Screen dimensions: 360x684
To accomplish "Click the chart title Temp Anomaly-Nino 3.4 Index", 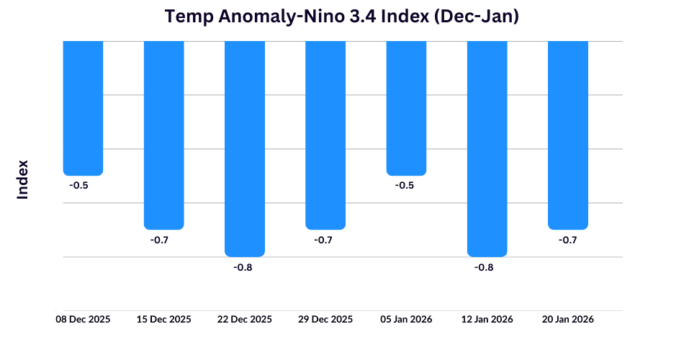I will [342, 17].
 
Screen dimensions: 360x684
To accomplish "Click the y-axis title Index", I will [23, 179].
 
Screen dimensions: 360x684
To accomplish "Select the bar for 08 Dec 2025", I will [83, 108].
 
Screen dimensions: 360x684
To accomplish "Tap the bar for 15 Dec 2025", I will [164, 135].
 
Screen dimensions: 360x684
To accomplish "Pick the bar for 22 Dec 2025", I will [245, 148].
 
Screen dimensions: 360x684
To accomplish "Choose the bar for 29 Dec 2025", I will [325, 135].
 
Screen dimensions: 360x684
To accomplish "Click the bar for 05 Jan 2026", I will [406, 108].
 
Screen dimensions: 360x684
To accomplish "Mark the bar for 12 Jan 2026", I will [487, 148].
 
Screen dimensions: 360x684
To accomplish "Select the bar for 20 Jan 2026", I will [568, 135].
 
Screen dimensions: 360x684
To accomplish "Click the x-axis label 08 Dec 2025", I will [84, 319].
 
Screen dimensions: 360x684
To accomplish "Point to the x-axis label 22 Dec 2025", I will [245, 319].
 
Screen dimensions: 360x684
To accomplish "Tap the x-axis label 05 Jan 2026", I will [406, 319].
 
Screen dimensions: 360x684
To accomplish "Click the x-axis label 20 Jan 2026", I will [568, 319].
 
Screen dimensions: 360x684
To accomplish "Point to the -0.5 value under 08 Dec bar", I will [78, 186].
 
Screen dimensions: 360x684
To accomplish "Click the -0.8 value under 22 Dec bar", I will [243, 267].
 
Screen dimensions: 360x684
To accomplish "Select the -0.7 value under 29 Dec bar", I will [323, 240].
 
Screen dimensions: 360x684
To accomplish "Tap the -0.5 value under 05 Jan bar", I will [405, 186].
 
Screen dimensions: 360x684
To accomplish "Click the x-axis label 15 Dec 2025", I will [164, 319].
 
